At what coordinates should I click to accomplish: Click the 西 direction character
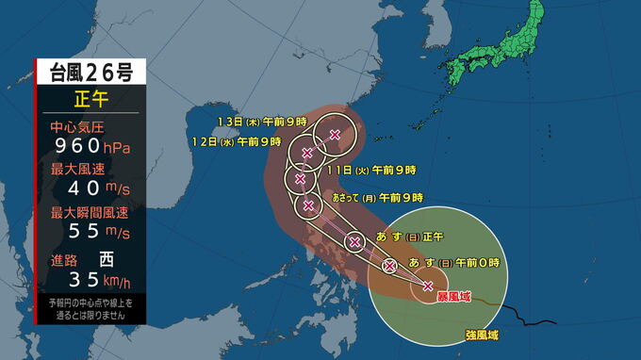tap(107, 257)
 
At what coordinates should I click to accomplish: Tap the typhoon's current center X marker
tap(429, 286)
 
